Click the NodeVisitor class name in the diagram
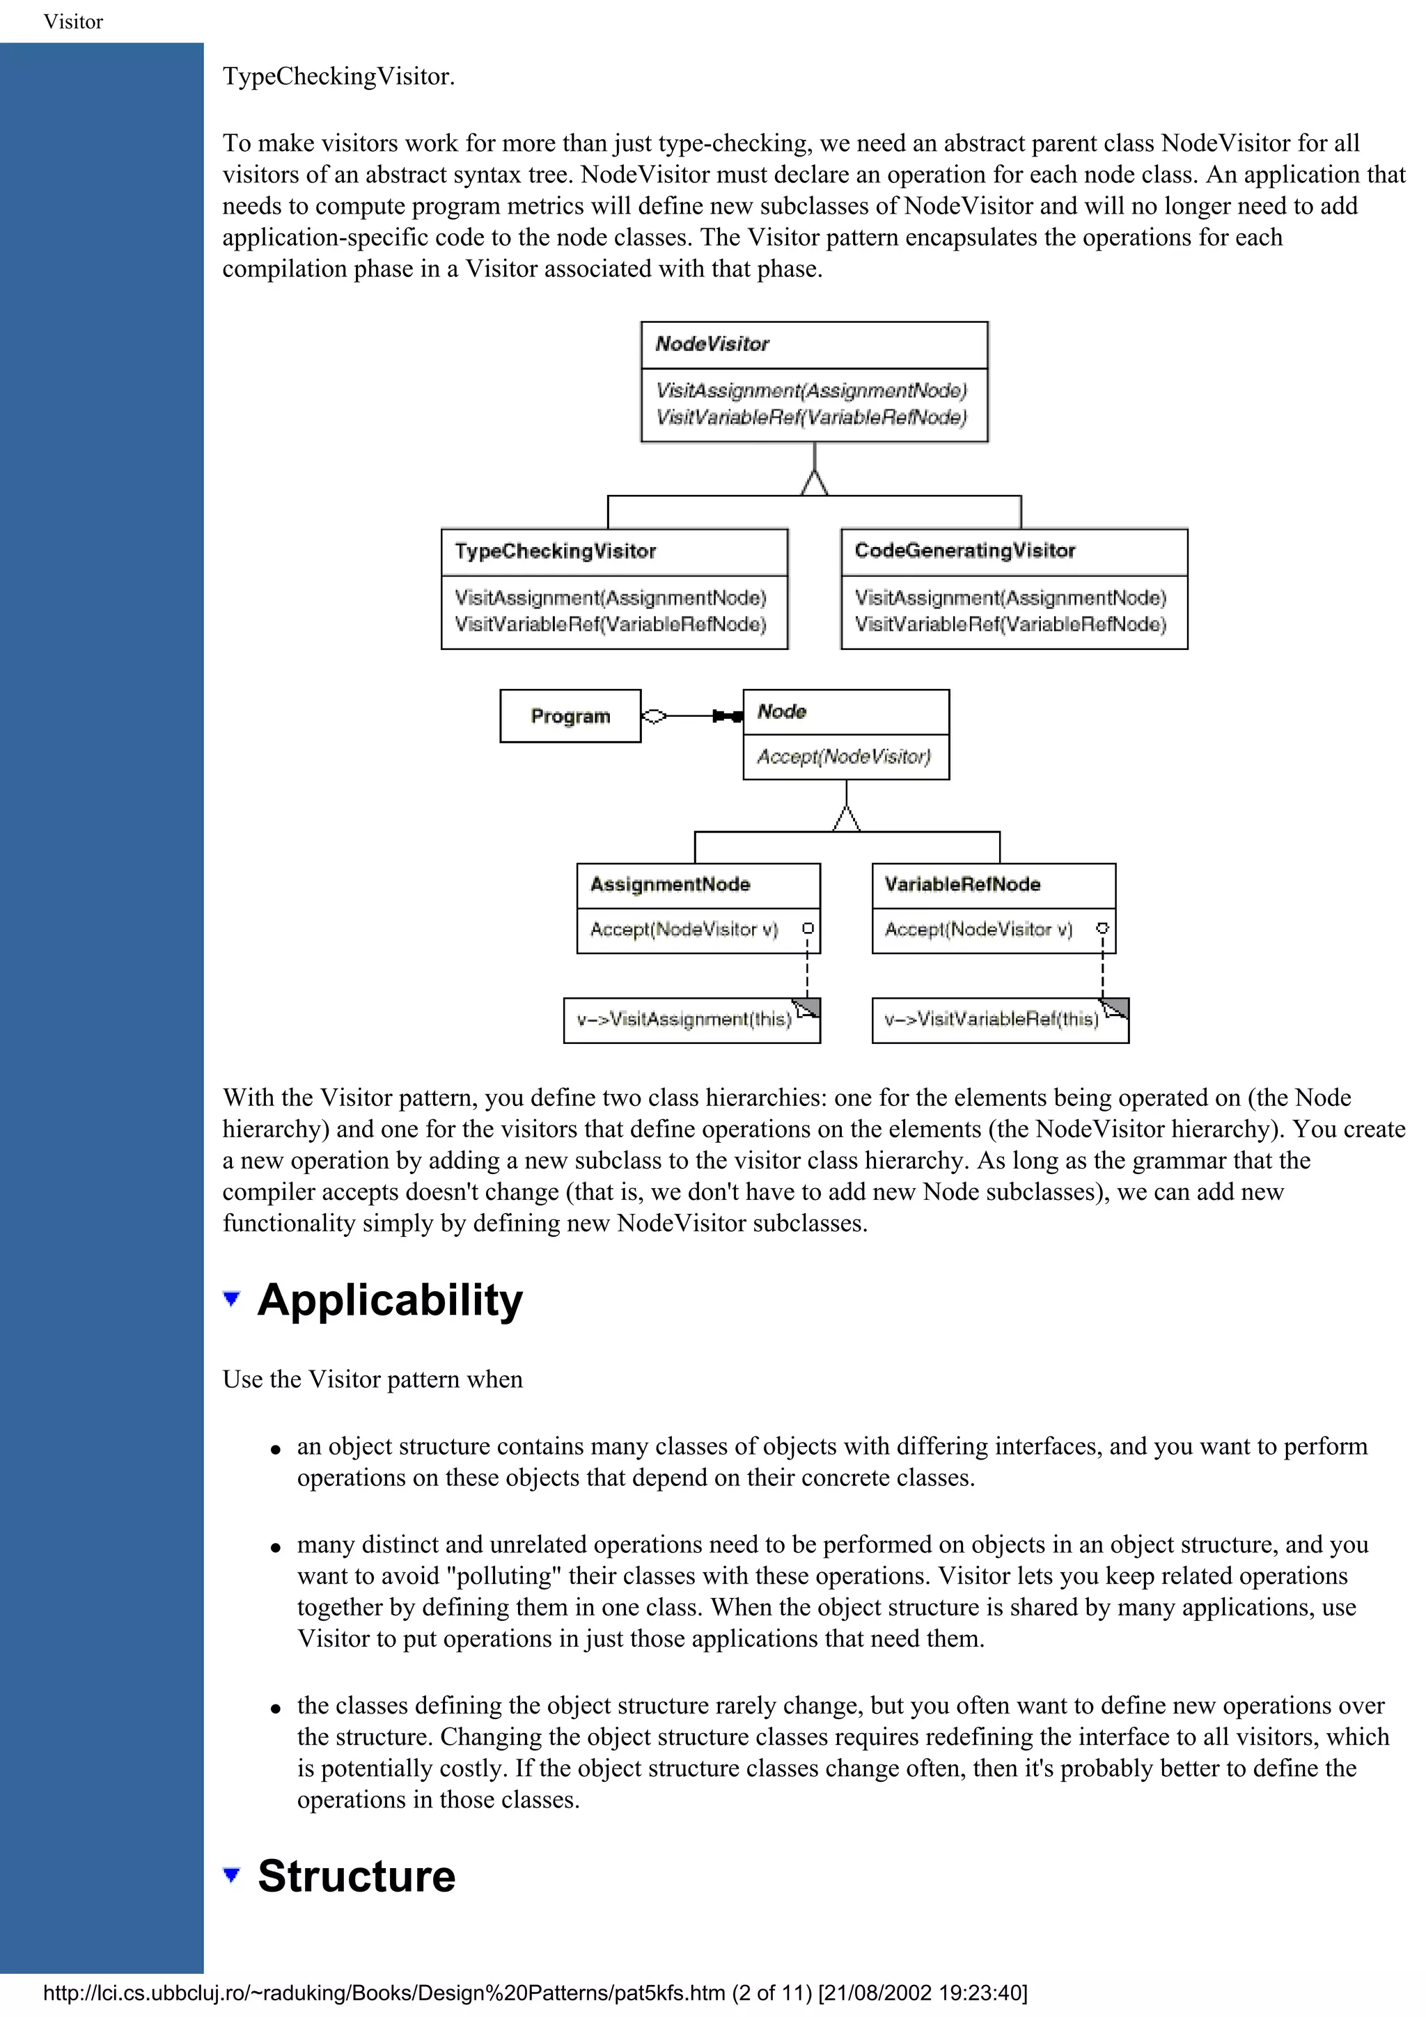tap(712, 344)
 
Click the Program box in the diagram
tap(570, 716)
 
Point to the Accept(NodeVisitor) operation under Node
tap(843, 757)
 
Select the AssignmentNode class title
tap(670, 884)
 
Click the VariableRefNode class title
tap(962, 884)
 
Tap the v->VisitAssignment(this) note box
tap(684, 1019)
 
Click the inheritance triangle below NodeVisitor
tap(815, 483)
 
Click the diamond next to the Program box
tap(655, 716)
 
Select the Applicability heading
tap(389, 1300)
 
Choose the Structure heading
tap(356, 1876)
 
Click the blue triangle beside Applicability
tap(232, 1299)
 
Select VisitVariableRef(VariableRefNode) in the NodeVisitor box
tap(811, 418)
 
